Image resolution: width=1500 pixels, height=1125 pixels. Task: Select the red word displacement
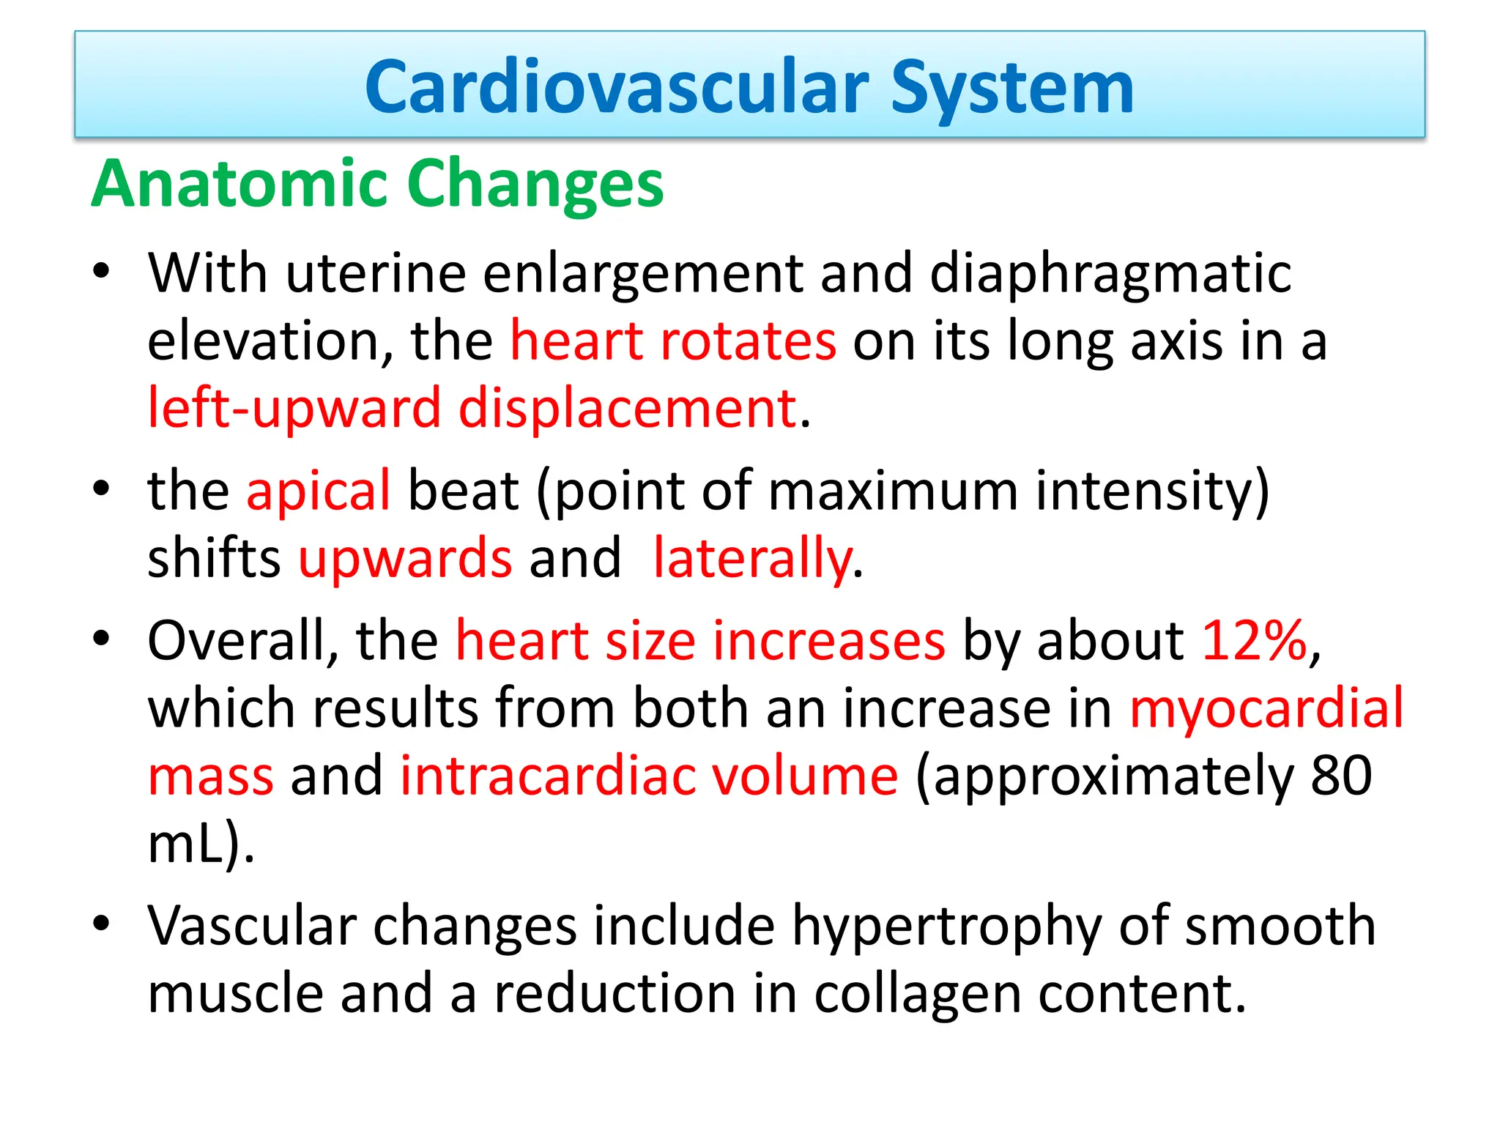coord(627,409)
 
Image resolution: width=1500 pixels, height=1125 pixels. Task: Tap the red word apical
coord(319,492)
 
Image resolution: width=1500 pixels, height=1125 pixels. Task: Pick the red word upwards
coord(405,558)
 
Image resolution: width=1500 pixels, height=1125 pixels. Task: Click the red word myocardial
coord(1266,708)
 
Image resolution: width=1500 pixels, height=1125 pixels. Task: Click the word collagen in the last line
coord(918,993)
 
